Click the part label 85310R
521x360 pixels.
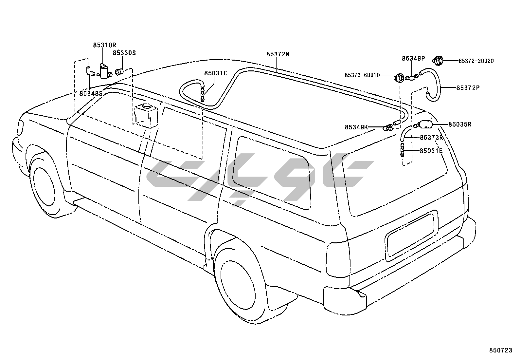tap(104, 45)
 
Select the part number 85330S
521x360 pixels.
tap(124, 52)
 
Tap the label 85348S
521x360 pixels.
tap(91, 93)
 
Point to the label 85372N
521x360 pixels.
tap(278, 54)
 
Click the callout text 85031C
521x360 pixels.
tap(216, 73)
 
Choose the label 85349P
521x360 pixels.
tap(413, 58)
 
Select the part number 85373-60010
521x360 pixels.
tap(362, 75)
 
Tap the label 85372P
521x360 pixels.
tap(468, 88)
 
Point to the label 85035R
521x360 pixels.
tap(460, 124)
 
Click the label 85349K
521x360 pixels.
tap(356, 127)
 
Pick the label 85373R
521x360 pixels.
tap(431, 138)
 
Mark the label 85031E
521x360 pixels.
tap(431, 151)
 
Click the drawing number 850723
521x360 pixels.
tap(500, 351)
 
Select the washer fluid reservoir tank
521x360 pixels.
tap(146, 115)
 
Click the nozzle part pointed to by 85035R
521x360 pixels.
tap(425, 124)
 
